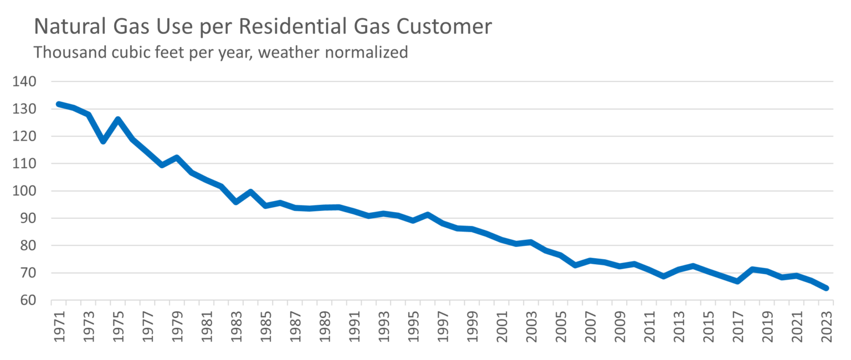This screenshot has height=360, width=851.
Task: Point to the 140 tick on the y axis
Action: click(x=24, y=82)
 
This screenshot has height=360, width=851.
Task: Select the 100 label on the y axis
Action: click(x=24, y=191)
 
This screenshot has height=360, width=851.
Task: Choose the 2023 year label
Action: click(x=825, y=328)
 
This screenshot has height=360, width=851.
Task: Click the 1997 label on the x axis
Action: click(x=442, y=328)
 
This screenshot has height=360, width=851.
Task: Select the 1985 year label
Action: click(x=265, y=328)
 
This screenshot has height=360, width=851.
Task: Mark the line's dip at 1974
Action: click(x=103, y=141)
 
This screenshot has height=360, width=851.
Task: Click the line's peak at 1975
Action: click(x=117, y=119)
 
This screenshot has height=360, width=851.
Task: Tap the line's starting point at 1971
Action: click(x=59, y=104)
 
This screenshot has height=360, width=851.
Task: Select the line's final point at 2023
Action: click(x=826, y=288)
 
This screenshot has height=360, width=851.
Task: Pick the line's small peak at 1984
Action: click(x=250, y=192)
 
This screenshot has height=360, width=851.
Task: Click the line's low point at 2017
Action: click(x=737, y=281)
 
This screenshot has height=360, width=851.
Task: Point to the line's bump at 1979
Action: click(x=177, y=157)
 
